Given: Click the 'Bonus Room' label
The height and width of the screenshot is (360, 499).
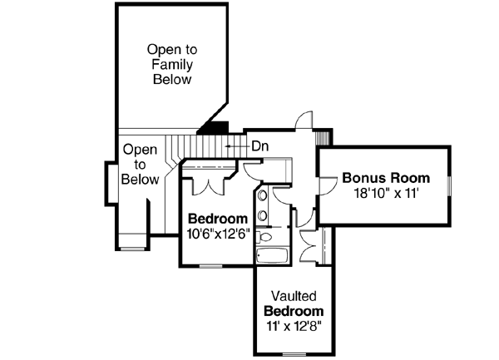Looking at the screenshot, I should [386, 178].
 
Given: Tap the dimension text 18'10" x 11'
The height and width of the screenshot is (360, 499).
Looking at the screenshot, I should [386, 193].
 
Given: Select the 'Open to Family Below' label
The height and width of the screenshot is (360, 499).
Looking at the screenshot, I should [172, 64].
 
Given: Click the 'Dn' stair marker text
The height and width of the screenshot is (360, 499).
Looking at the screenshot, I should [259, 146].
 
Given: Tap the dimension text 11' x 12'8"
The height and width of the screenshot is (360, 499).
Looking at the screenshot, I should [294, 326].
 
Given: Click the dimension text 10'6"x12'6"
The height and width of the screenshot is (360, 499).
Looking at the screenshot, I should [219, 234].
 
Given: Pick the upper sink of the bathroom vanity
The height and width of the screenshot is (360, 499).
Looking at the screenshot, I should [262, 197].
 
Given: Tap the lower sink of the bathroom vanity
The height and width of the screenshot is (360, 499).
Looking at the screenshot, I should [262, 216].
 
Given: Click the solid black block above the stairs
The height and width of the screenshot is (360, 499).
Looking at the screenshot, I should [215, 127].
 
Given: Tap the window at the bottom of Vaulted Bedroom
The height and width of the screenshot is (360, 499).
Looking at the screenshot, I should [294, 353].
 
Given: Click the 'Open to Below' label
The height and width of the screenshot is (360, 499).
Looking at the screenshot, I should [140, 164].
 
